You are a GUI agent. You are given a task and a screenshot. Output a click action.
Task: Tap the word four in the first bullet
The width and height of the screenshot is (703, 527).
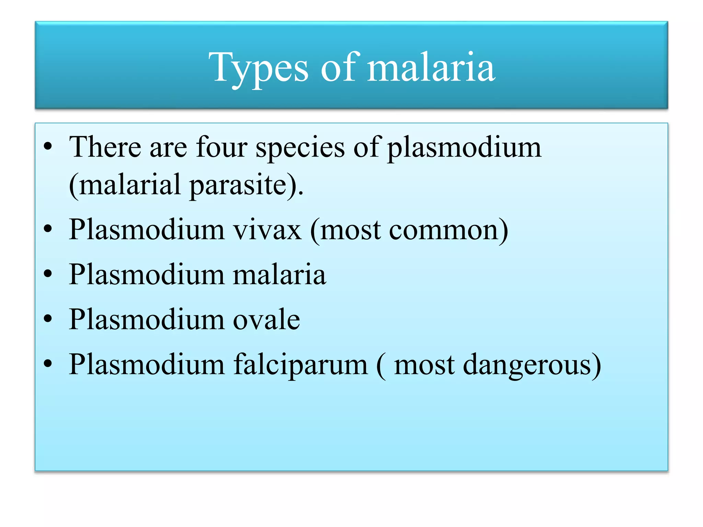[221, 147]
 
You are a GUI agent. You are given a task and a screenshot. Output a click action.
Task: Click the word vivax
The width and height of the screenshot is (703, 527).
[267, 230]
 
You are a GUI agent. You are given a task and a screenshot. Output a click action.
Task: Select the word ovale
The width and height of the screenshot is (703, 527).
[266, 319]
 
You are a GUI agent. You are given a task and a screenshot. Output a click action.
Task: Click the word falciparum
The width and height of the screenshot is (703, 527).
[301, 365]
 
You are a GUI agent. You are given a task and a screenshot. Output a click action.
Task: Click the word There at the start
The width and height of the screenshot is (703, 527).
[105, 147]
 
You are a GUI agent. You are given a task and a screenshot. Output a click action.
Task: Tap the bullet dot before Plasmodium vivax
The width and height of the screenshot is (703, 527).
[48, 229]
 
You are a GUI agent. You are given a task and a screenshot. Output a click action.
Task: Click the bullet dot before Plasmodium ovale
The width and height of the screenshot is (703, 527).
[48, 319]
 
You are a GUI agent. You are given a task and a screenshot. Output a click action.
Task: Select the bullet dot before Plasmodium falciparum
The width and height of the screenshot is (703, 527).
[48, 364]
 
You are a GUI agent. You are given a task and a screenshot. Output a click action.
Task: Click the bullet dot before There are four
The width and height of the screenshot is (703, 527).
[48, 147]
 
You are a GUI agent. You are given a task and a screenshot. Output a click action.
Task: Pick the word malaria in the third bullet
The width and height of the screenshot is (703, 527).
[279, 274]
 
